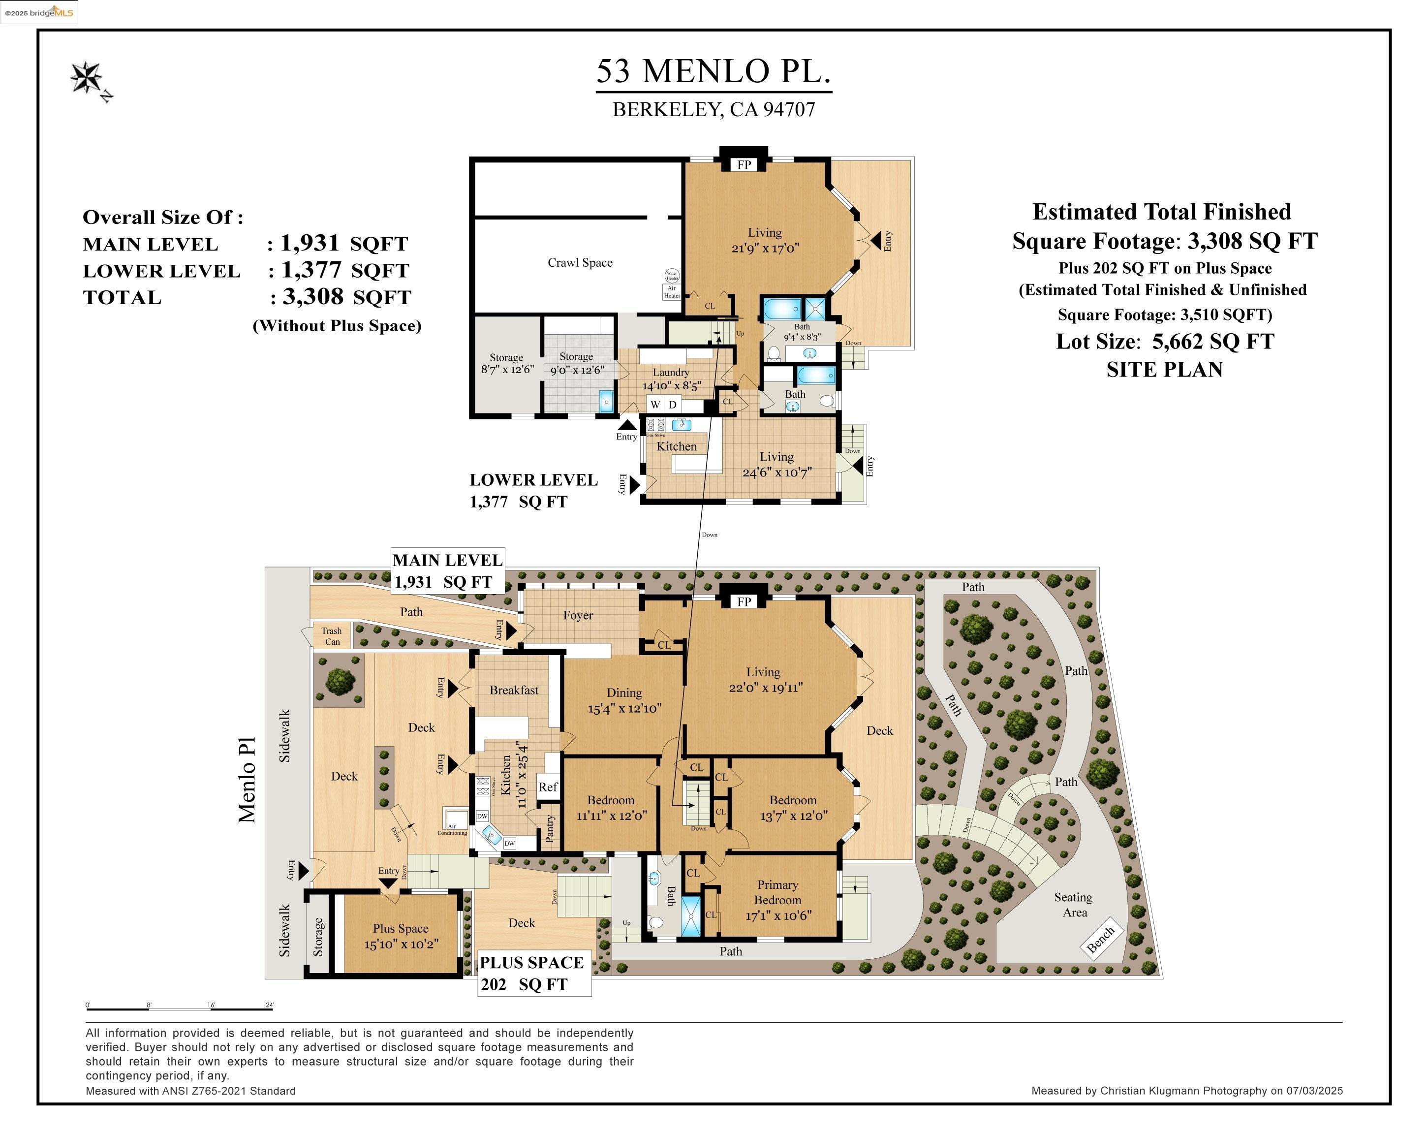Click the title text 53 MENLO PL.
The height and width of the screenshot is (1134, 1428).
pos(714,71)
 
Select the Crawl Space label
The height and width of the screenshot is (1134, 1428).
pos(580,263)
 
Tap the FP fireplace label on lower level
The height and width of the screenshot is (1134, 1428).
pos(744,165)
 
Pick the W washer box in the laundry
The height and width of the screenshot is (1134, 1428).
pos(655,404)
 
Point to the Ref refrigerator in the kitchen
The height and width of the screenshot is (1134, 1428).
pos(548,787)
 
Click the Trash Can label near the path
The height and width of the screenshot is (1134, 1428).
pos(332,636)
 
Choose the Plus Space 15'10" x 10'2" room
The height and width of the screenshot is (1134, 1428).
pos(400,936)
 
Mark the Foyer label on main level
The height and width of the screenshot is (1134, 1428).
pos(578,615)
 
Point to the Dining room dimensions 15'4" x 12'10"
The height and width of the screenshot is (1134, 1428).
pos(624,708)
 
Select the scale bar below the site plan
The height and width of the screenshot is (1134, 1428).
pos(179,1009)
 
